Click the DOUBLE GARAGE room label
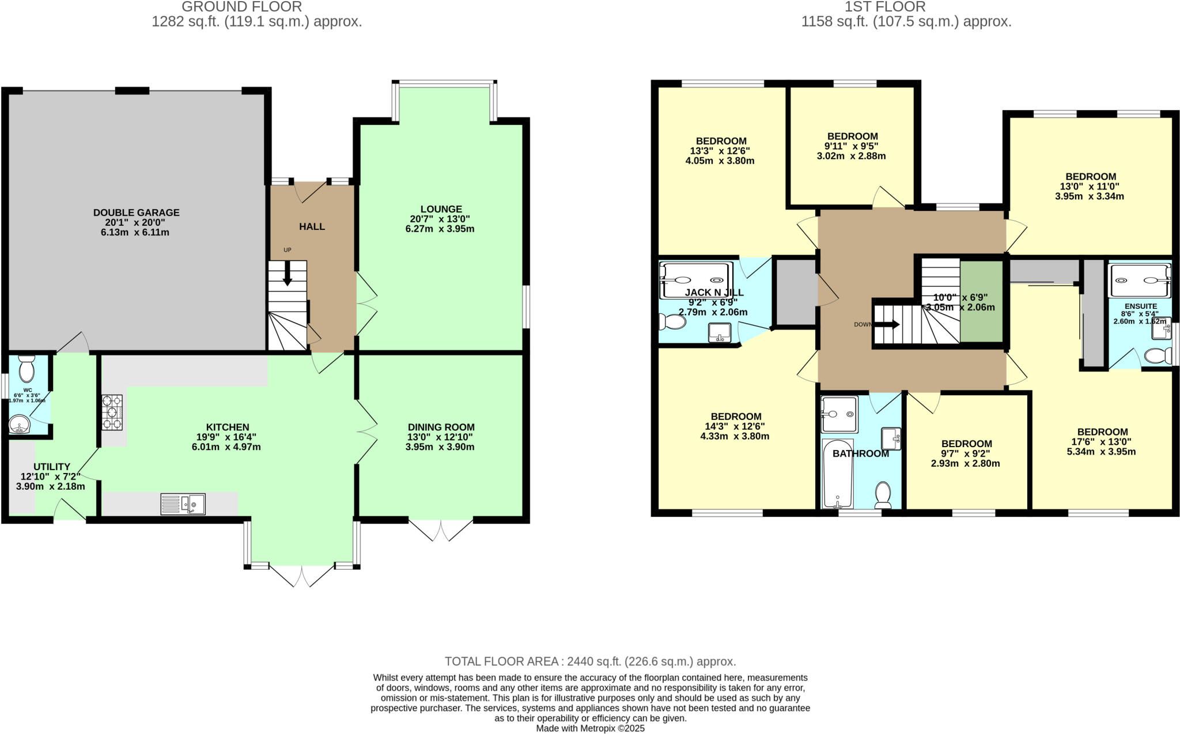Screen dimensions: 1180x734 pos(136,213)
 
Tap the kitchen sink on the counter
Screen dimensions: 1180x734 pos(183,504)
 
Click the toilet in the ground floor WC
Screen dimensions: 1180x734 pos(27,368)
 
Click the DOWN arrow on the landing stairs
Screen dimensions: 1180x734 pos(887,324)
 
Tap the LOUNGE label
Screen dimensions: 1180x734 pos(441,209)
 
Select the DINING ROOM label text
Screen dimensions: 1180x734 pos(441,427)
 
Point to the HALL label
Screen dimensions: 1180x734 pos(312,226)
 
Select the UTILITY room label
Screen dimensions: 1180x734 pos(51,467)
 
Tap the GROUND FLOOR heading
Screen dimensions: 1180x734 pos(242,7)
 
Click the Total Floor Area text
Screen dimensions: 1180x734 pos(590,661)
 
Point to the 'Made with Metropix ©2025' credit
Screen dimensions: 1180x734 pos(590,728)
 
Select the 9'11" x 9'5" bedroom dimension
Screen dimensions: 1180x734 pos(851,146)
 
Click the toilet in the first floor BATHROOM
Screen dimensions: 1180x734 pos(883,495)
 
